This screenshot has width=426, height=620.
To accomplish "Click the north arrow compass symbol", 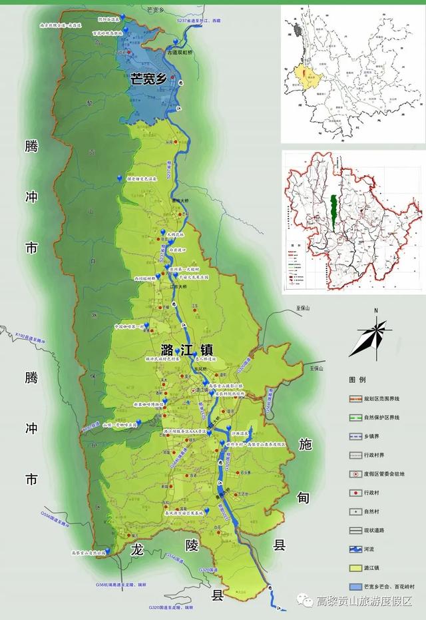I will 373,336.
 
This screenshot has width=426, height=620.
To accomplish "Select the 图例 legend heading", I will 357,380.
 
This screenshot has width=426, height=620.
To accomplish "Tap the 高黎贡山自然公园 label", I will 89,552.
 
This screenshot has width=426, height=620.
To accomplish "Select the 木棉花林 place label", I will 179,235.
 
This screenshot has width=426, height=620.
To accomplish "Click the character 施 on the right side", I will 306,444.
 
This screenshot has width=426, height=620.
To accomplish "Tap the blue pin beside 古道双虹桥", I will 175,43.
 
